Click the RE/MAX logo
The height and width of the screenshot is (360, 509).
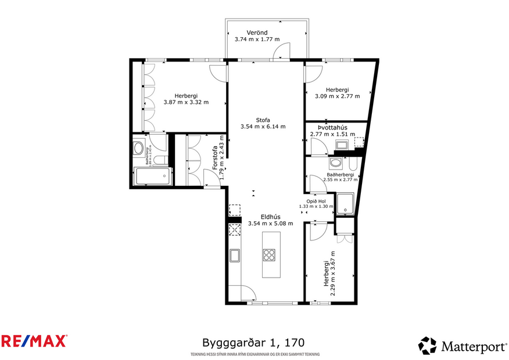point(34,341)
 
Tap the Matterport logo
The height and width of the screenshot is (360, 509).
point(462,346)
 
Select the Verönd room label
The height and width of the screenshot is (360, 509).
point(256,32)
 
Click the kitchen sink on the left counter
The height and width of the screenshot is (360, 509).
point(235,255)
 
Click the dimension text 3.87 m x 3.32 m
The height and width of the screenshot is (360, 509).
point(186,102)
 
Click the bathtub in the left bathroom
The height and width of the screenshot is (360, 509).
point(152,176)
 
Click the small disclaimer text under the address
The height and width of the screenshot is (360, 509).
point(254,354)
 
